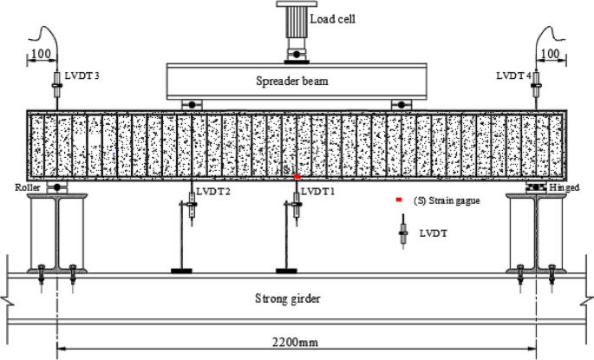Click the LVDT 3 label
(x=82, y=76)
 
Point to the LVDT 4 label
(x=513, y=76)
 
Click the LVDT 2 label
(x=213, y=191)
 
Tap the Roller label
(x=29, y=187)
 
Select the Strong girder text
(x=289, y=299)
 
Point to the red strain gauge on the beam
(x=297, y=176)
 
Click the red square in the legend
(x=400, y=200)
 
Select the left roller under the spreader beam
(x=190, y=105)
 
